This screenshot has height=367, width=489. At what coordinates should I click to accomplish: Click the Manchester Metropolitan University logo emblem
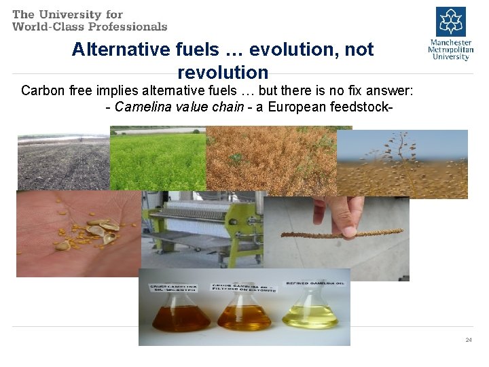pyautogui.click(x=451, y=22)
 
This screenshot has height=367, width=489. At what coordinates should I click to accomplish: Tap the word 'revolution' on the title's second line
pyautogui.click(x=223, y=72)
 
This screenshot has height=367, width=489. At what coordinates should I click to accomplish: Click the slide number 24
pyautogui.click(x=469, y=339)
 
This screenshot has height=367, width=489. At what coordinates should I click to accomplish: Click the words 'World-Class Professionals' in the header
pyautogui.click(x=90, y=27)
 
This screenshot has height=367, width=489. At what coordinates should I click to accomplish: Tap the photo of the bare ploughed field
pyautogui.click(x=63, y=162)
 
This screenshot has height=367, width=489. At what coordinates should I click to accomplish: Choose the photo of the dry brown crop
pyautogui.click(x=272, y=160)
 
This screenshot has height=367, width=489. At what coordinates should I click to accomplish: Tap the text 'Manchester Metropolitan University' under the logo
pyautogui.click(x=450, y=50)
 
